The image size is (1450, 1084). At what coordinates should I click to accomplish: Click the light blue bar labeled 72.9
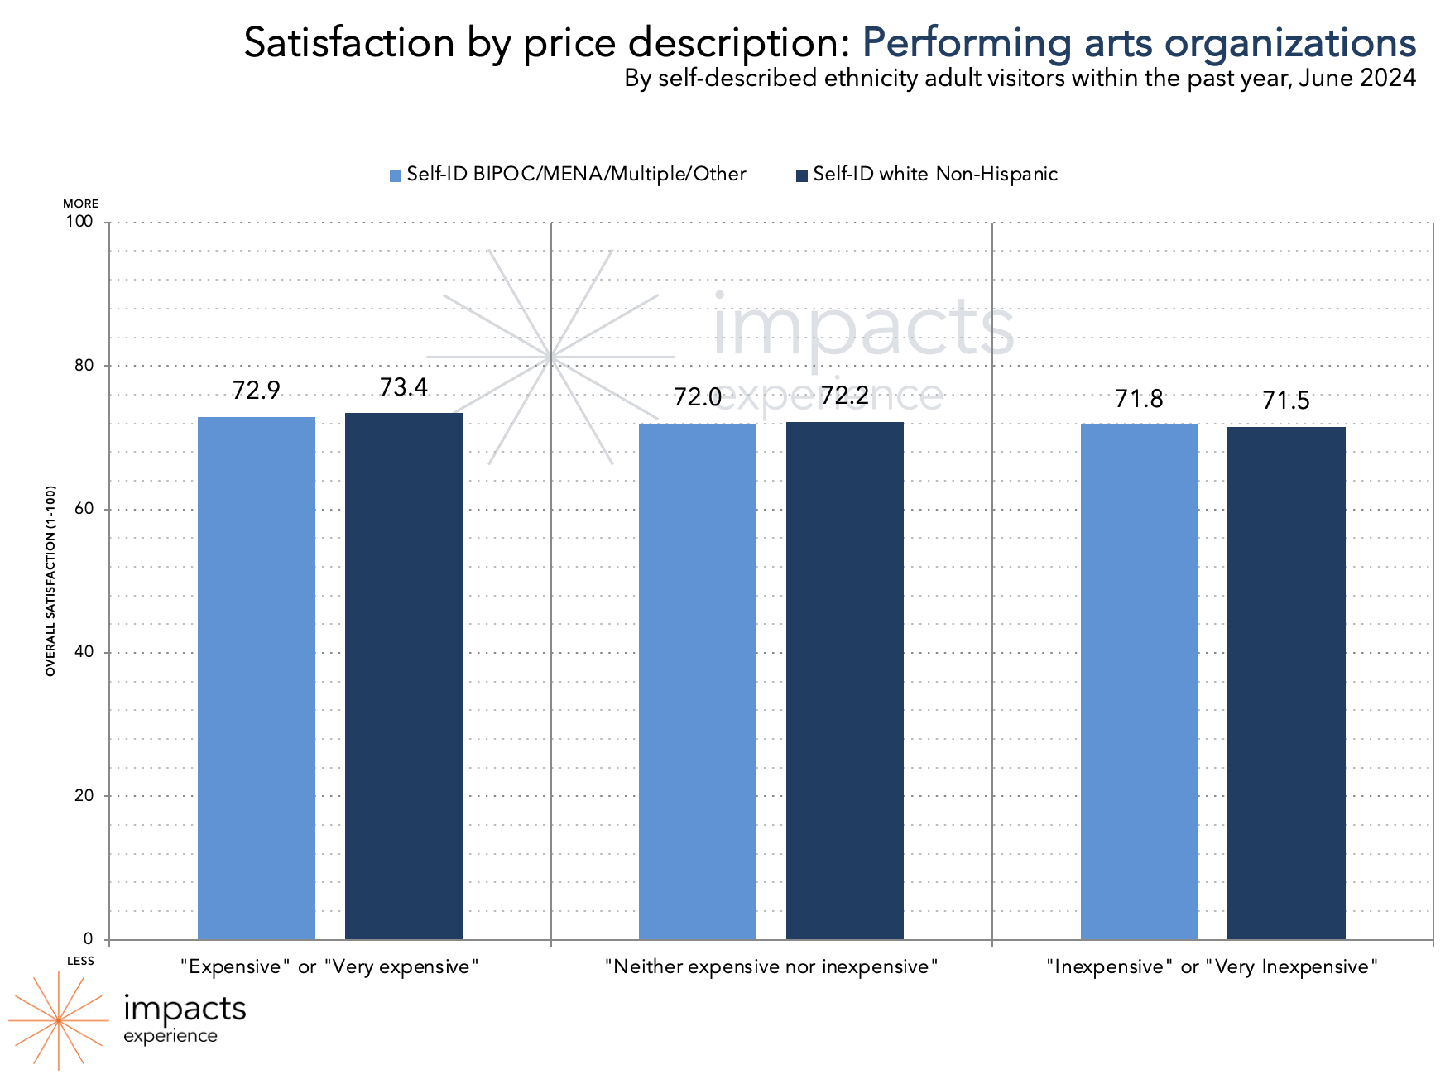pos(257,678)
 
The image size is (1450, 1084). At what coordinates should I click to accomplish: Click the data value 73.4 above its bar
pos(404,387)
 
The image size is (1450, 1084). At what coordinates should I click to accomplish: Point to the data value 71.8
pos(1139,400)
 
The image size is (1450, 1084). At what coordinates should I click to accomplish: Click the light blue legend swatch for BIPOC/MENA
pos(396,175)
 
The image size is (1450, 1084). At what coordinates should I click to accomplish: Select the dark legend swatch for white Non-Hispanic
pos(801,175)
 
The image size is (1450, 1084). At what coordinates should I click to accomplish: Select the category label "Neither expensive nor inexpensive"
pos(771,966)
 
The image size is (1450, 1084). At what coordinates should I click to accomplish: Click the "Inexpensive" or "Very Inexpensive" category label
pos(1212,966)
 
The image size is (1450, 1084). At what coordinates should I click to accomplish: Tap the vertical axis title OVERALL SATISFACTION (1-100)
pos(50,581)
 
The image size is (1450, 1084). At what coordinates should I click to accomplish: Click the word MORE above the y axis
pos(80,204)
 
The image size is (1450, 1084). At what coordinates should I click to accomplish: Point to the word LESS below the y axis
pos(80,961)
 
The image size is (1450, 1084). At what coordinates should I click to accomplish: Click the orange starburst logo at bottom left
pos(58,1020)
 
